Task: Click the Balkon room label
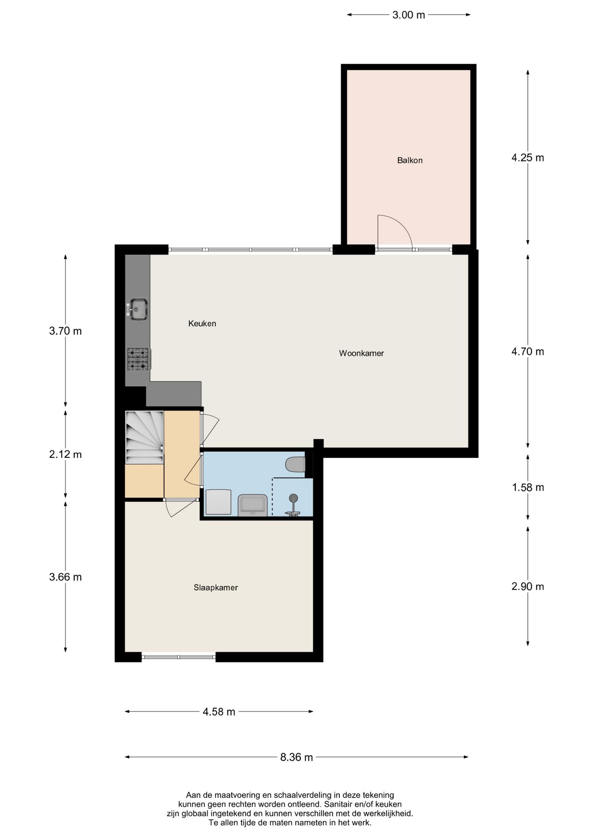tap(410, 160)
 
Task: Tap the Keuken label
tap(202, 323)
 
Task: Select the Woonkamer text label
tap(362, 353)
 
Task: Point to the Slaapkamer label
tap(216, 587)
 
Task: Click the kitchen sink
tap(137, 309)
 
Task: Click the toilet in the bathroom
tap(295, 464)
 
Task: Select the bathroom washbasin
tap(253, 506)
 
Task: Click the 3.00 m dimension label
tap(408, 15)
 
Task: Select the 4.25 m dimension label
tap(527, 158)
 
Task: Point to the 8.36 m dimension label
tap(296, 757)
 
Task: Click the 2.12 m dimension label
tap(66, 454)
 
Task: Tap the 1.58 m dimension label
tap(528, 488)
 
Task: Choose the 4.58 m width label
tap(219, 712)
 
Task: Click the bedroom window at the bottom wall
tap(179, 656)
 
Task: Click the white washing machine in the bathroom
tap(218, 502)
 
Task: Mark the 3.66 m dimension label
tap(66, 577)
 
